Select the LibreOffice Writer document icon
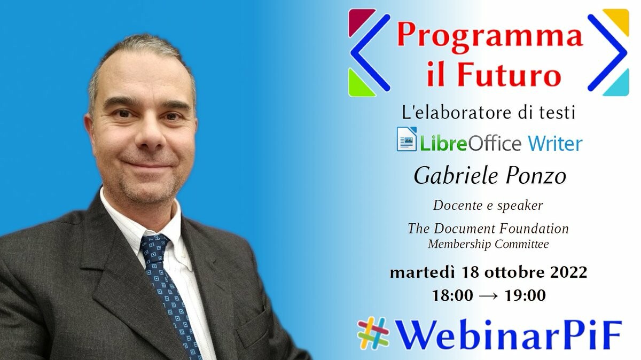click(407, 139)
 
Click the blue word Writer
click(555, 143)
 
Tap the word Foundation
click(534, 229)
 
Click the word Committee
click(522, 244)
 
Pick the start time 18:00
click(452, 295)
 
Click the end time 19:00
click(525, 295)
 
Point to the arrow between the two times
click(488, 296)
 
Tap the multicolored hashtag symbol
click(373, 333)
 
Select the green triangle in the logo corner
click(359, 85)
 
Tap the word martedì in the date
click(423, 272)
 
